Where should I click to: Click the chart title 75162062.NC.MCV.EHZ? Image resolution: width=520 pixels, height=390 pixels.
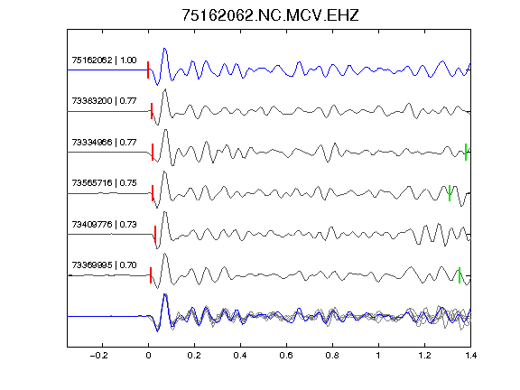pos(270,15)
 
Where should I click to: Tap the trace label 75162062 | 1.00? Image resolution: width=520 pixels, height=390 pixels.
pos(104,60)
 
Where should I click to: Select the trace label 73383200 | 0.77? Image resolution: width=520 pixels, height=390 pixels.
pos(104,101)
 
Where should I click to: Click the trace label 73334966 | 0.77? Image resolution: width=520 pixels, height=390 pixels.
pos(104,143)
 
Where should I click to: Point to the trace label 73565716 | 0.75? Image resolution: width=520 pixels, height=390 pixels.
pos(104,183)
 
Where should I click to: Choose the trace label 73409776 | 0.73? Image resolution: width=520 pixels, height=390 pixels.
pos(104,225)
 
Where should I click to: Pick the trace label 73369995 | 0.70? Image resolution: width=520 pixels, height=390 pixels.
pos(104,265)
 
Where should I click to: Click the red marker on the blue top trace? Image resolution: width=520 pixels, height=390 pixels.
pos(148,70)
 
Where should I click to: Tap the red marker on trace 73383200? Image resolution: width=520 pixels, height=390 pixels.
pos(152,111)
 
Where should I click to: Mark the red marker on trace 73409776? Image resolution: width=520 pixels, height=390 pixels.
pos(155,234)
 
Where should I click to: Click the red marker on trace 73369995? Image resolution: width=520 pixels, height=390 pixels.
pos(151,275)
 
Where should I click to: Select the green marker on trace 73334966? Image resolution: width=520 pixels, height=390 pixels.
pos(466,153)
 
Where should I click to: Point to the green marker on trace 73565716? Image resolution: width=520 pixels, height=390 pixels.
pos(450,193)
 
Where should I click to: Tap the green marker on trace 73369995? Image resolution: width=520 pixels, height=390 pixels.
pos(460,275)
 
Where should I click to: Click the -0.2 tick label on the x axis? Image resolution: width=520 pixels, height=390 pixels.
pos(99,356)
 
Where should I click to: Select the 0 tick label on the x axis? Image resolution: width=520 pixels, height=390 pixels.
pos(148,356)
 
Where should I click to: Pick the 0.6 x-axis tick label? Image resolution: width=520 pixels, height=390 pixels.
pos(286,356)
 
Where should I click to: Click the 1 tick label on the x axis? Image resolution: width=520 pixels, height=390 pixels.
pos(378,356)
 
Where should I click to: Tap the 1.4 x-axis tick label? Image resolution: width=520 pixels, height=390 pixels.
pos(471,356)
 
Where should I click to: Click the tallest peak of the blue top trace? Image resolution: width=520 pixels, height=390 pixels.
pos(165,49)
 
